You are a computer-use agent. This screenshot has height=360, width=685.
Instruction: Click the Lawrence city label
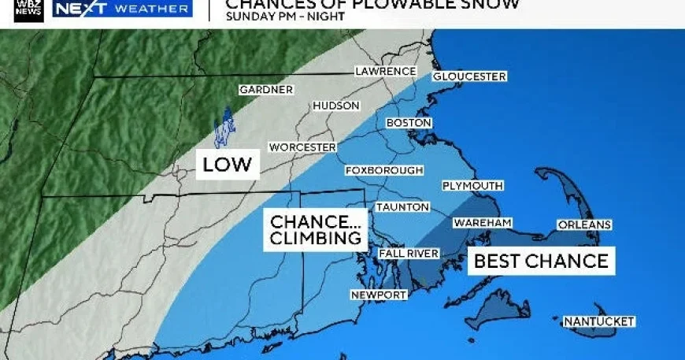pyautogui.click(x=385, y=72)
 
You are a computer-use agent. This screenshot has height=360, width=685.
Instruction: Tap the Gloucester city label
pyautogui.click(x=468, y=76)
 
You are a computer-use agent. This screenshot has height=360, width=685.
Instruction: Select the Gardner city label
pyautogui.click(x=265, y=90)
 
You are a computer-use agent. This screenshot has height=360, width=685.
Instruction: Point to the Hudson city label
pyautogui.click(x=336, y=106)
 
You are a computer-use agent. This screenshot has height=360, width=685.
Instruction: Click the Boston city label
pyautogui.click(x=409, y=124)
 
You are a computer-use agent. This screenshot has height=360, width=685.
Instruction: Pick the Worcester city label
pyautogui.click(x=302, y=147)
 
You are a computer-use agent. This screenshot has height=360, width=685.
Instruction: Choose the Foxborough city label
pyautogui.click(x=384, y=170)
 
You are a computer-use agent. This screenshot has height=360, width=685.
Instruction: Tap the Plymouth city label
pyautogui.click(x=472, y=186)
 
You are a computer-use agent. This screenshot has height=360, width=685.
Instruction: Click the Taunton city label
pyautogui.click(x=402, y=207)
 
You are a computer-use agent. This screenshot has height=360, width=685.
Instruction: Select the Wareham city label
pyautogui.click(x=482, y=224)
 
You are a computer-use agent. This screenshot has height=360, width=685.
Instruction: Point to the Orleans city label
pyautogui.click(x=583, y=225)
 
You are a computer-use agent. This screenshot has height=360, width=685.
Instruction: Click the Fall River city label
pyautogui.click(x=408, y=254)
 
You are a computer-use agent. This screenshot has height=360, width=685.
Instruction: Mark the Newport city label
pyautogui.click(x=380, y=295)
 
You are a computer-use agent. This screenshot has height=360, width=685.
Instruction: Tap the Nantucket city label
pyautogui.click(x=598, y=321)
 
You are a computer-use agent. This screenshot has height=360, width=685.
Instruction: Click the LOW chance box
pyautogui.click(x=227, y=164)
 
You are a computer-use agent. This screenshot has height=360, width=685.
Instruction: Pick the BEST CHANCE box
pyautogui.click(x=542, y=261)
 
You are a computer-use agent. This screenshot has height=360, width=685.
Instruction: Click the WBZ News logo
pyautogui.click(x=29, y=9)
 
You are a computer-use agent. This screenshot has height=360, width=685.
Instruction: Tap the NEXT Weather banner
pyautogui.click(x=122, y=9)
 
